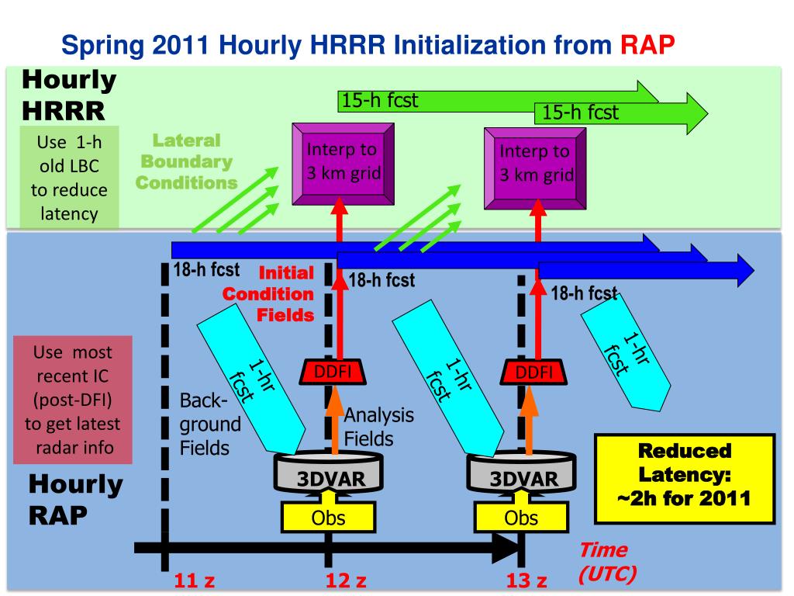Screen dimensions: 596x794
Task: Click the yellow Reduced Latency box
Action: pos(685,476)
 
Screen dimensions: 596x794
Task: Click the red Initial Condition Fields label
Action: pos(270,294)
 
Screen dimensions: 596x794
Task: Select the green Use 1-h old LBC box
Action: pos(69,178)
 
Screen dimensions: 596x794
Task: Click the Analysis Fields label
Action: pos(378,426)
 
